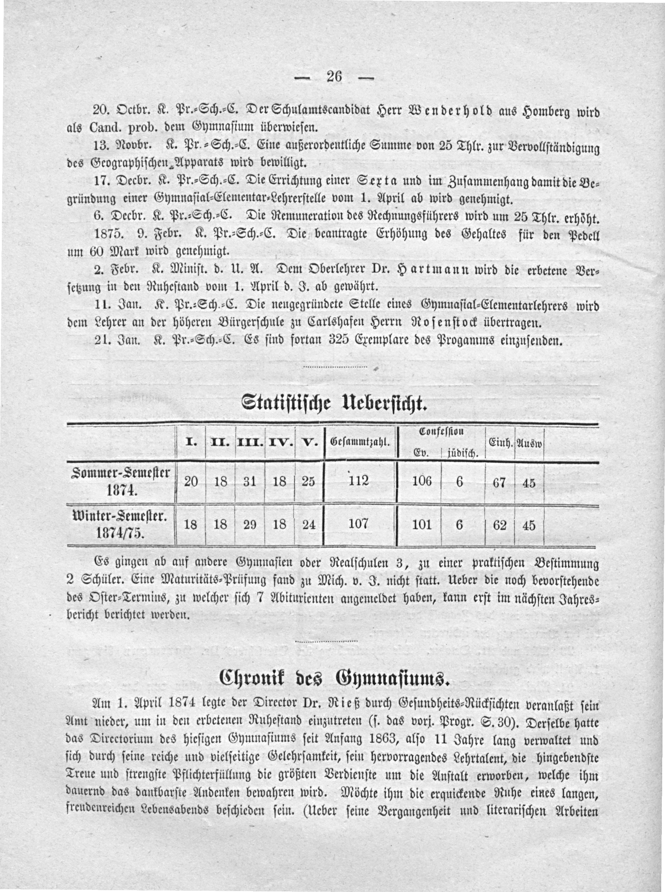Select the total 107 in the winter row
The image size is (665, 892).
click(x=359, y=523)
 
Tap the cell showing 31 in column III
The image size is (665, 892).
click(x=250, y=482)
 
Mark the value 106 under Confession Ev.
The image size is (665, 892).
click(x=422, y=481)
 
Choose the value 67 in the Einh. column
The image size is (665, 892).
click(x=499, y=482)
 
